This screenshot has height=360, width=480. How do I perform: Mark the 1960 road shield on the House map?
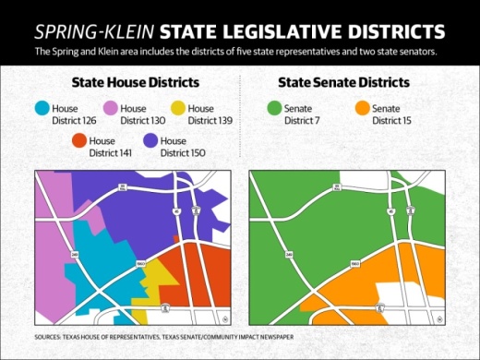(x=138, y=263)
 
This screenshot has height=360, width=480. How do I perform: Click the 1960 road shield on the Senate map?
(x=356, y=263)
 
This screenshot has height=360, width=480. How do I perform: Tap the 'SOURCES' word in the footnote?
(x=52, y=338)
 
